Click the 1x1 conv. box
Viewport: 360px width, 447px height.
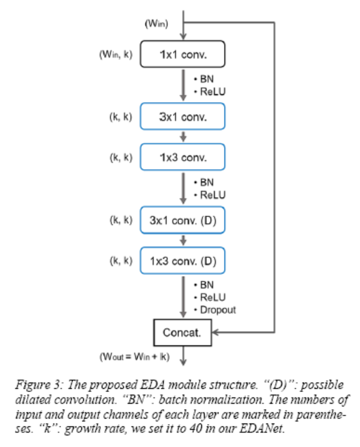tap(182, 55)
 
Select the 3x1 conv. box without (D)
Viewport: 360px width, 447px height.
tap(182, 117)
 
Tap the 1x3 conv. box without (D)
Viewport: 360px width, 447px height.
tap(182, 157)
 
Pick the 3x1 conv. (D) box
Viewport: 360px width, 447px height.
tap(182, 220)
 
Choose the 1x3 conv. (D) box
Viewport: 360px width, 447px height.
tap(182, 260)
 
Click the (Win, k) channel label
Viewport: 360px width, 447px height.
tap(116, 55)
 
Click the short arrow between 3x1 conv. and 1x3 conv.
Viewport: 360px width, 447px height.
tap(182, 136)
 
